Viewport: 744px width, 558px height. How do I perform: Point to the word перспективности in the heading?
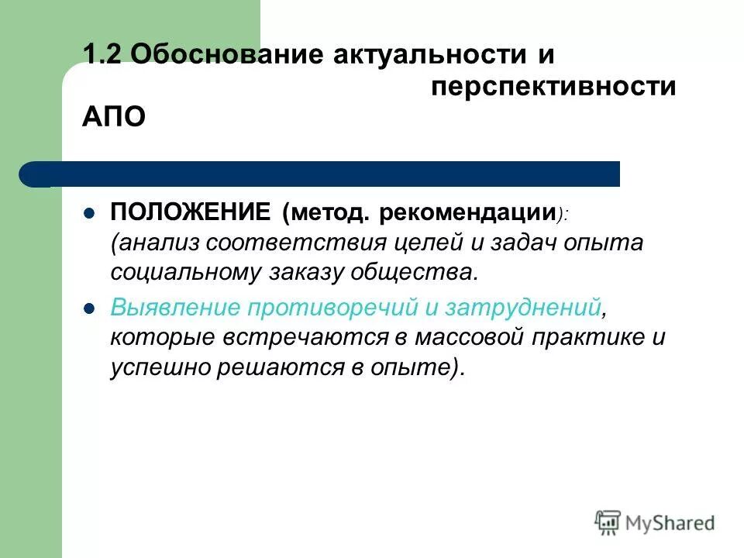(x=553, y=88)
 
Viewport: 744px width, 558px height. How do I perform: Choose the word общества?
(x=419, y=273)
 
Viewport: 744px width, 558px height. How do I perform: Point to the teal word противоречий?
(x=335, y=306)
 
